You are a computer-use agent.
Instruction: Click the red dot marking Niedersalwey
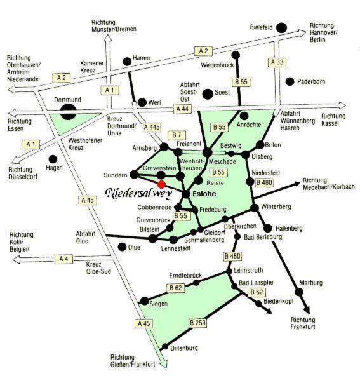161,184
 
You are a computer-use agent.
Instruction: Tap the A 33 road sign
277,62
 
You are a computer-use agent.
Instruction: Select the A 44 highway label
182,109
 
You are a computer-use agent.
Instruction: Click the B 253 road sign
197,323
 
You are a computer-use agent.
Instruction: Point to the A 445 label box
152,127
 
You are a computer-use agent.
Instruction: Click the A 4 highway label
63,259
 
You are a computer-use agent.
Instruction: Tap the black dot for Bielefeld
281,28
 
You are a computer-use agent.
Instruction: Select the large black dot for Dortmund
68,112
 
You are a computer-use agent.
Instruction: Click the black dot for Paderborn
290,82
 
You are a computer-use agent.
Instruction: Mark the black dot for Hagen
53,159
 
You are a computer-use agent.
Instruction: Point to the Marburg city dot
299,292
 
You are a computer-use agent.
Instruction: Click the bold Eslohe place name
204,194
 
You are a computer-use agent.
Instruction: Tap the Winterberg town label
276,206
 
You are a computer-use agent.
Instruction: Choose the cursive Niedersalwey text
138,193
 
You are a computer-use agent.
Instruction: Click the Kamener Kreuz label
92,67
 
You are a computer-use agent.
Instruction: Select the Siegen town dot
145,301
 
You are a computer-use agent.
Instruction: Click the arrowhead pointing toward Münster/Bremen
108,39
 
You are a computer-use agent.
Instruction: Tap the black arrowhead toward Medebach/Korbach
297,184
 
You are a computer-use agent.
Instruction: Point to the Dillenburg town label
184,348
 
